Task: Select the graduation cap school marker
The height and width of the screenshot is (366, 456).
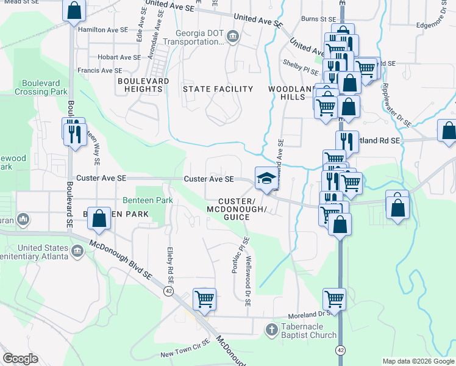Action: click(x=265, y=178)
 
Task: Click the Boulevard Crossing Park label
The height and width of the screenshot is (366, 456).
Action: click(x=44, y=87)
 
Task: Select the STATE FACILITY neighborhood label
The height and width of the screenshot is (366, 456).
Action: click(x=218, y=89)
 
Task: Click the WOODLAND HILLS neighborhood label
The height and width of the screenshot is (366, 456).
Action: click(x=291, y=93)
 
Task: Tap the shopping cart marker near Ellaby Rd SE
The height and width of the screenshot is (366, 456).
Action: click(x=204, y=300)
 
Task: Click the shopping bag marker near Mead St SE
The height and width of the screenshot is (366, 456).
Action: click(x=74, y=11)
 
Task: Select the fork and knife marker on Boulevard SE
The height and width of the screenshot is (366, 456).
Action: click(x=74, y=132)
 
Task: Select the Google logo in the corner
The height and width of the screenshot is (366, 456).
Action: click(x=20, y=359)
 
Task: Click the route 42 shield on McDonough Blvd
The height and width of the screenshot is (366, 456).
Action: click(x=167, y=291)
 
